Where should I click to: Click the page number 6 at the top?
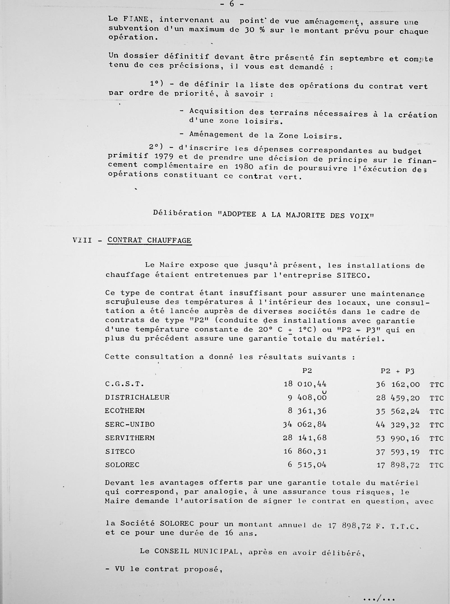(232, 4)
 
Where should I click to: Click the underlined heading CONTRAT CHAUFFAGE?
(149, 241)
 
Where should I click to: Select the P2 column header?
(307, 371)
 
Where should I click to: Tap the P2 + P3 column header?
(397, 371)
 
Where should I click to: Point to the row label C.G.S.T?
(124, 384)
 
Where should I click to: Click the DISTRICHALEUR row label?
(137, 397)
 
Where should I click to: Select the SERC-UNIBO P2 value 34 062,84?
(304, 425)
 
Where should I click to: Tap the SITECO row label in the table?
(120, 451)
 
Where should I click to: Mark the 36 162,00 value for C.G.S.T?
(398, 384)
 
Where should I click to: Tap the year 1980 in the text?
(244, 167)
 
